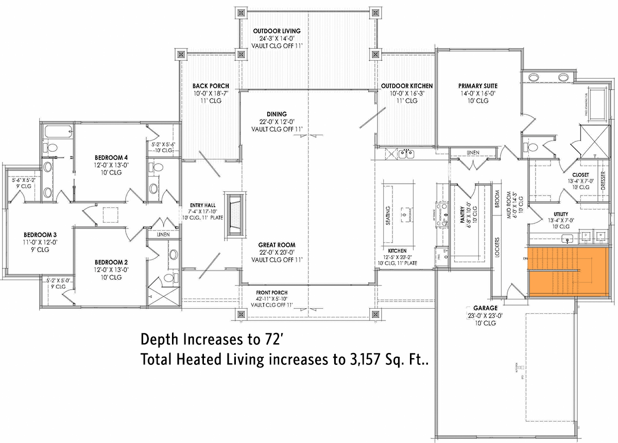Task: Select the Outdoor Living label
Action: click(277, 31)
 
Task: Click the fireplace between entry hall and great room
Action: click(234, 215)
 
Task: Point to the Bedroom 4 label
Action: click(111, 157)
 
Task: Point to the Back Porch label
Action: click(211, 86)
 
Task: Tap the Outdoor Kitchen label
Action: click(407, 86)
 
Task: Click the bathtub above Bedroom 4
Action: click(57, 131)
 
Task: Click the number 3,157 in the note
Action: click(359, 360)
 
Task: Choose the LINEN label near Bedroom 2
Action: click(163, 235)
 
